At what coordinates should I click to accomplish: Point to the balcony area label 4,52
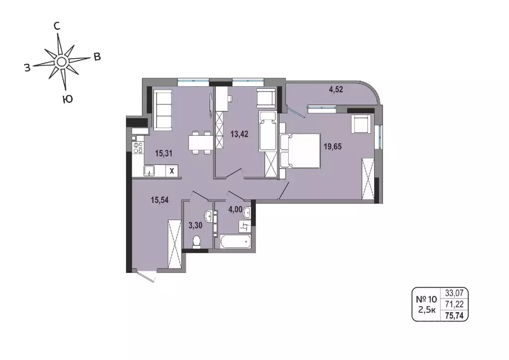(336, 90)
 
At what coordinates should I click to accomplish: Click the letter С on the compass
(57, 26)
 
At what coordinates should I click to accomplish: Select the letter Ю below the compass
(68, 99)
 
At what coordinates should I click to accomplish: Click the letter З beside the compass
(27, 68)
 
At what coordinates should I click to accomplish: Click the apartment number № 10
(425, 299)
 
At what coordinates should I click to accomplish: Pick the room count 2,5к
(426, 311)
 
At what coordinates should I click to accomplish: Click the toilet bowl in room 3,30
(197, 243)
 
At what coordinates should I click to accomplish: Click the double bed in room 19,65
(300, 151)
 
